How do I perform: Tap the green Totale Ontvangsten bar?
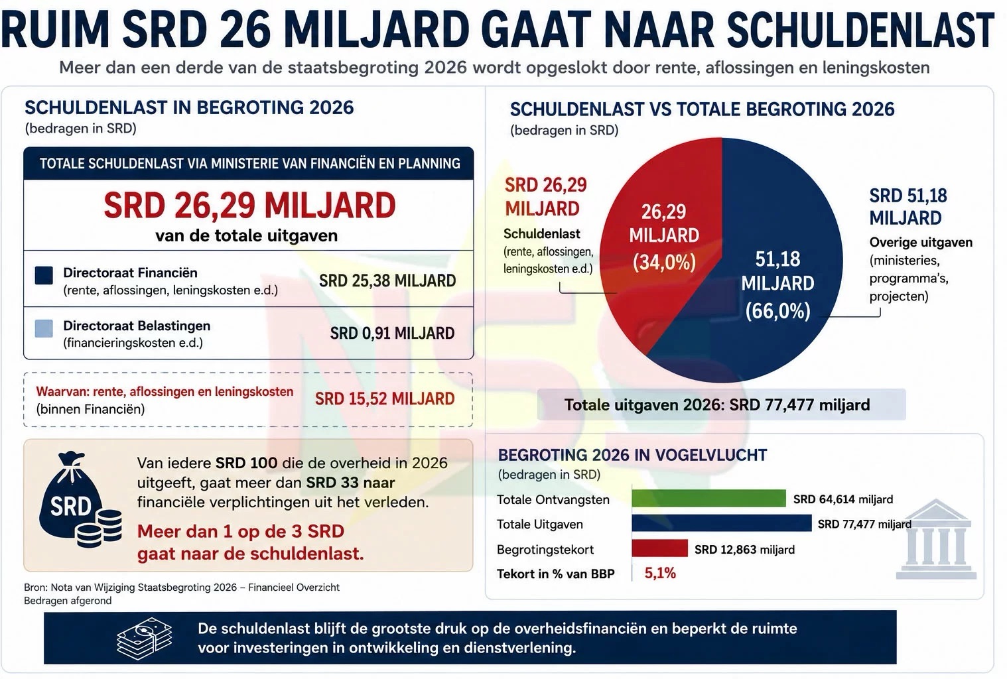(x=708, y=499)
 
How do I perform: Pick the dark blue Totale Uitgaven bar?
(x=722, y=524)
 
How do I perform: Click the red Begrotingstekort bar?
(x=659, y=548)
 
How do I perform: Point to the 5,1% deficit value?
(x=660, y=573)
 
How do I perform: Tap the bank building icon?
(x=936, y=539)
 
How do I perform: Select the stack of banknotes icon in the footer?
(x=145, y=638)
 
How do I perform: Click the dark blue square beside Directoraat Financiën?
(x=44, y=275)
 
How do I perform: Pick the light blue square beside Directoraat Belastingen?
(x=44, y=328)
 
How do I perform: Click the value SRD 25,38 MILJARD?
(x=387, y=281)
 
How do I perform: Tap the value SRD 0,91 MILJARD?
(x=392, y=334)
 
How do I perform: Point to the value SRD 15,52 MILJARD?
(x=385, y=399)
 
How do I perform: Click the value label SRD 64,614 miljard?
(x=843, y=499)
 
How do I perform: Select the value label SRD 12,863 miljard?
(x=744, y=550)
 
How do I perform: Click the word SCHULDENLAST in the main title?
(x=860, y=30)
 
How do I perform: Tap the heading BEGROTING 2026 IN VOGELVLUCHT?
(x=632, y=456)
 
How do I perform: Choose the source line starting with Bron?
(x=182, y=587)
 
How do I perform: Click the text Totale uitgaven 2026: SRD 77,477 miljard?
(x=717, y=405)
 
